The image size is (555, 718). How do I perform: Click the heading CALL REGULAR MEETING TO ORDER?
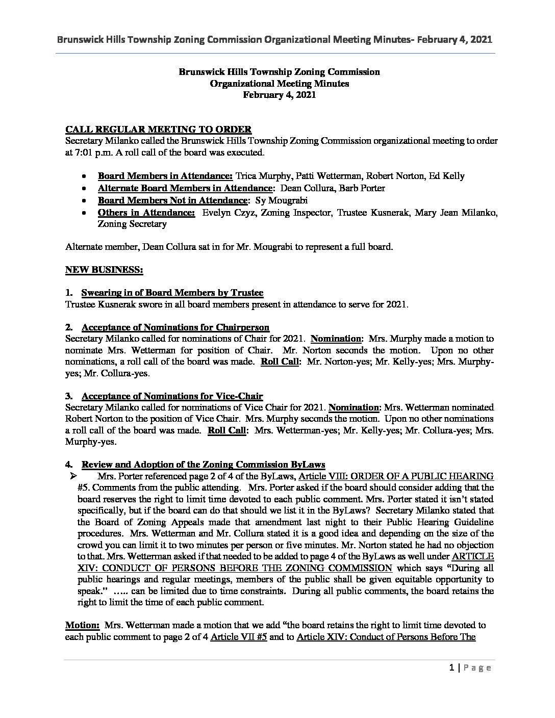coord(158,130)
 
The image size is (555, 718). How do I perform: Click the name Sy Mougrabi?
coord(293,200)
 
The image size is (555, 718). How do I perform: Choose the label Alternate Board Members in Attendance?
coord(185,188)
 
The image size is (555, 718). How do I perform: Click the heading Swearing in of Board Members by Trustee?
coord(172,293)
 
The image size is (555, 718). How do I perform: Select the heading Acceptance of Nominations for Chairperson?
coord(175,327)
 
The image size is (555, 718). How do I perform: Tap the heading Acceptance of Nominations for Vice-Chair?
coord(172,396)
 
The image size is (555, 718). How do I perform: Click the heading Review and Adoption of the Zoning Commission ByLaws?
coord(203,465)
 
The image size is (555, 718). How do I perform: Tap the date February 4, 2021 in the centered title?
coord(279,95)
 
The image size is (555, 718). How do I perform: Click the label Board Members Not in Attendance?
coord(172,200)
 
